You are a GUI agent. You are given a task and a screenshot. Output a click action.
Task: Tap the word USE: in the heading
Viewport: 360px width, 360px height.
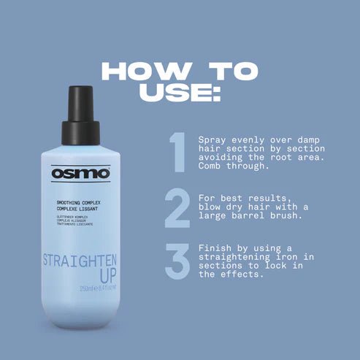tap(180, 93)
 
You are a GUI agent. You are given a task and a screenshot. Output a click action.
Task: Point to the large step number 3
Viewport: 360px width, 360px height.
tap(177, 261)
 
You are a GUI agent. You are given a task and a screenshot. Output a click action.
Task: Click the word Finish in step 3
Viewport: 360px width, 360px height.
tap(216, 248)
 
